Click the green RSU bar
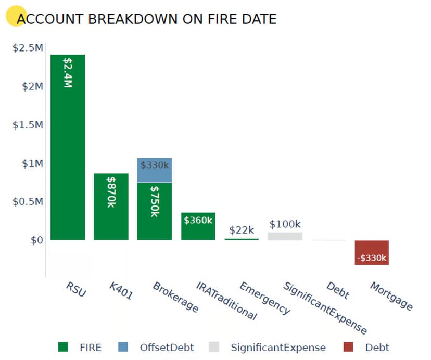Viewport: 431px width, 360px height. click(x=68, y=156)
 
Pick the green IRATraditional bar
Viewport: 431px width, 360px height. click(x=198, y=226)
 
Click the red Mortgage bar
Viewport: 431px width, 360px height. click(x=372, y=252)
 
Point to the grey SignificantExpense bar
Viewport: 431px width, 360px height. click(x=285, y=236)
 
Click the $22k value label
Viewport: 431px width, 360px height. click(x=242, y=230)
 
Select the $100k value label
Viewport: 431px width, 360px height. click(x=285, y=224)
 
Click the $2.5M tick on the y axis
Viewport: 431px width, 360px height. click(x=28, y=48)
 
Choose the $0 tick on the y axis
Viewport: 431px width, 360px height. click(x=36, y=240)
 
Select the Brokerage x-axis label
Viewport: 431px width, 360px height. click(x=175, y=297)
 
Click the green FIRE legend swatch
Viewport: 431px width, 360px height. click(x=63, y=347)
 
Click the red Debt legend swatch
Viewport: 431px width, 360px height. click(x=348, y=347)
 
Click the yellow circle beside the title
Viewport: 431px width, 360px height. click(x=16, y=16)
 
